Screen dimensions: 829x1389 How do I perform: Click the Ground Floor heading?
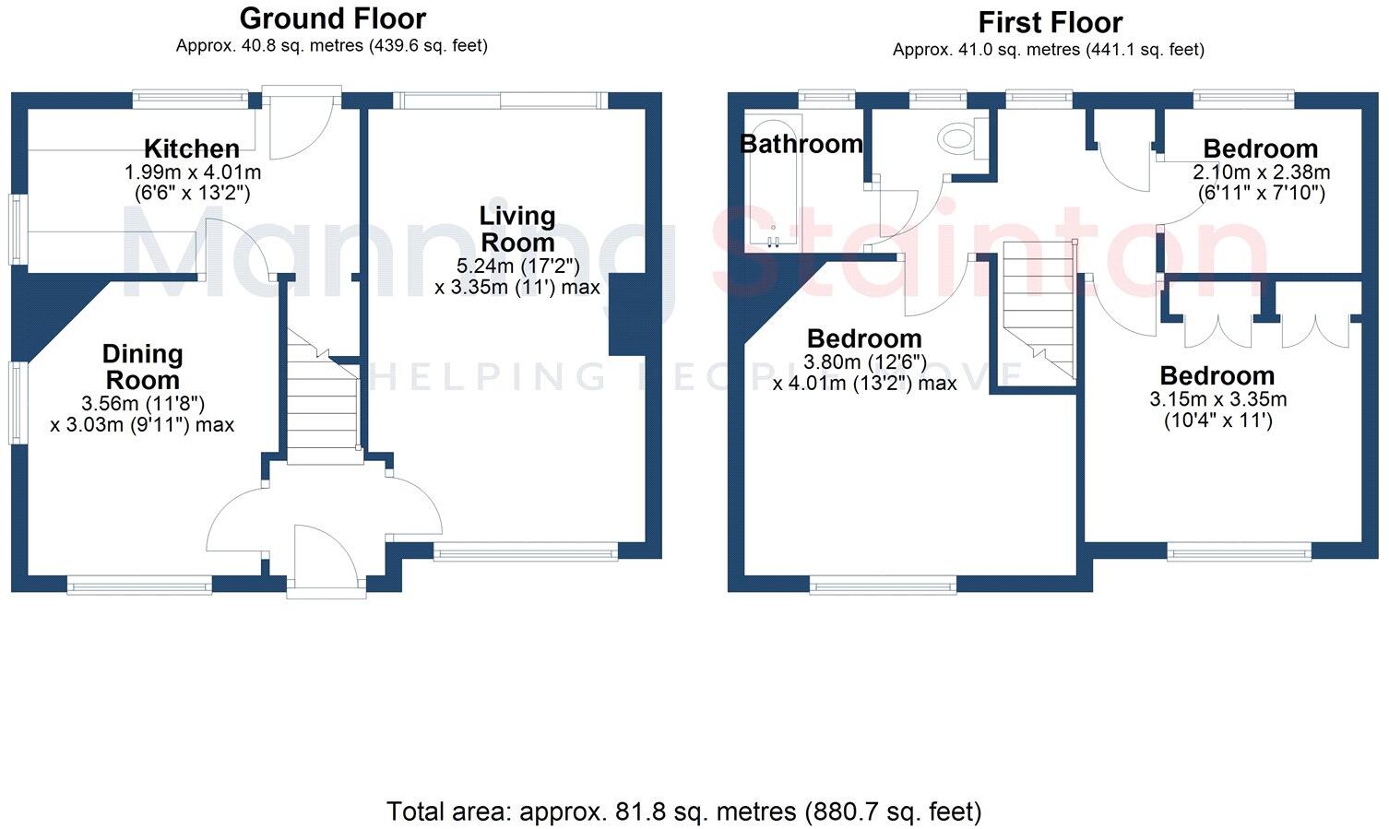[x=332, y=18]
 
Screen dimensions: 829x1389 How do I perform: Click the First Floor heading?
[x=1050, y=22]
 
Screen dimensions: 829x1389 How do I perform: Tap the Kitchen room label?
[x=192, y=148]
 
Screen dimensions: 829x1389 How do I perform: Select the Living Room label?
[x=516, y=229]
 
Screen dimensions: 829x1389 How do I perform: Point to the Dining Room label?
[x=142, y=367]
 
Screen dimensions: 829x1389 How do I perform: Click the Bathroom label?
[x=801, y=144]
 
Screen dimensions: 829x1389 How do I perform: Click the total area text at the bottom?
[x=683, y=811]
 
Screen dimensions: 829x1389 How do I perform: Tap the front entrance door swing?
[x=323, y=553]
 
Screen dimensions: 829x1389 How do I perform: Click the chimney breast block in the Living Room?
[x=626, y=314]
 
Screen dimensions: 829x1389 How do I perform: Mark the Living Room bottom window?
[x=525, y=553]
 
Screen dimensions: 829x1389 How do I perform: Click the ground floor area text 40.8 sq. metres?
[x=332, y=45]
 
